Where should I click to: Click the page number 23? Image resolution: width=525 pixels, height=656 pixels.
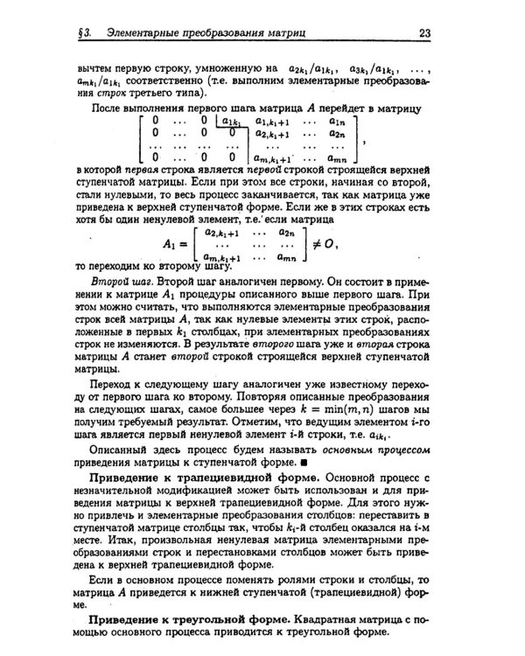(423, 34)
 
